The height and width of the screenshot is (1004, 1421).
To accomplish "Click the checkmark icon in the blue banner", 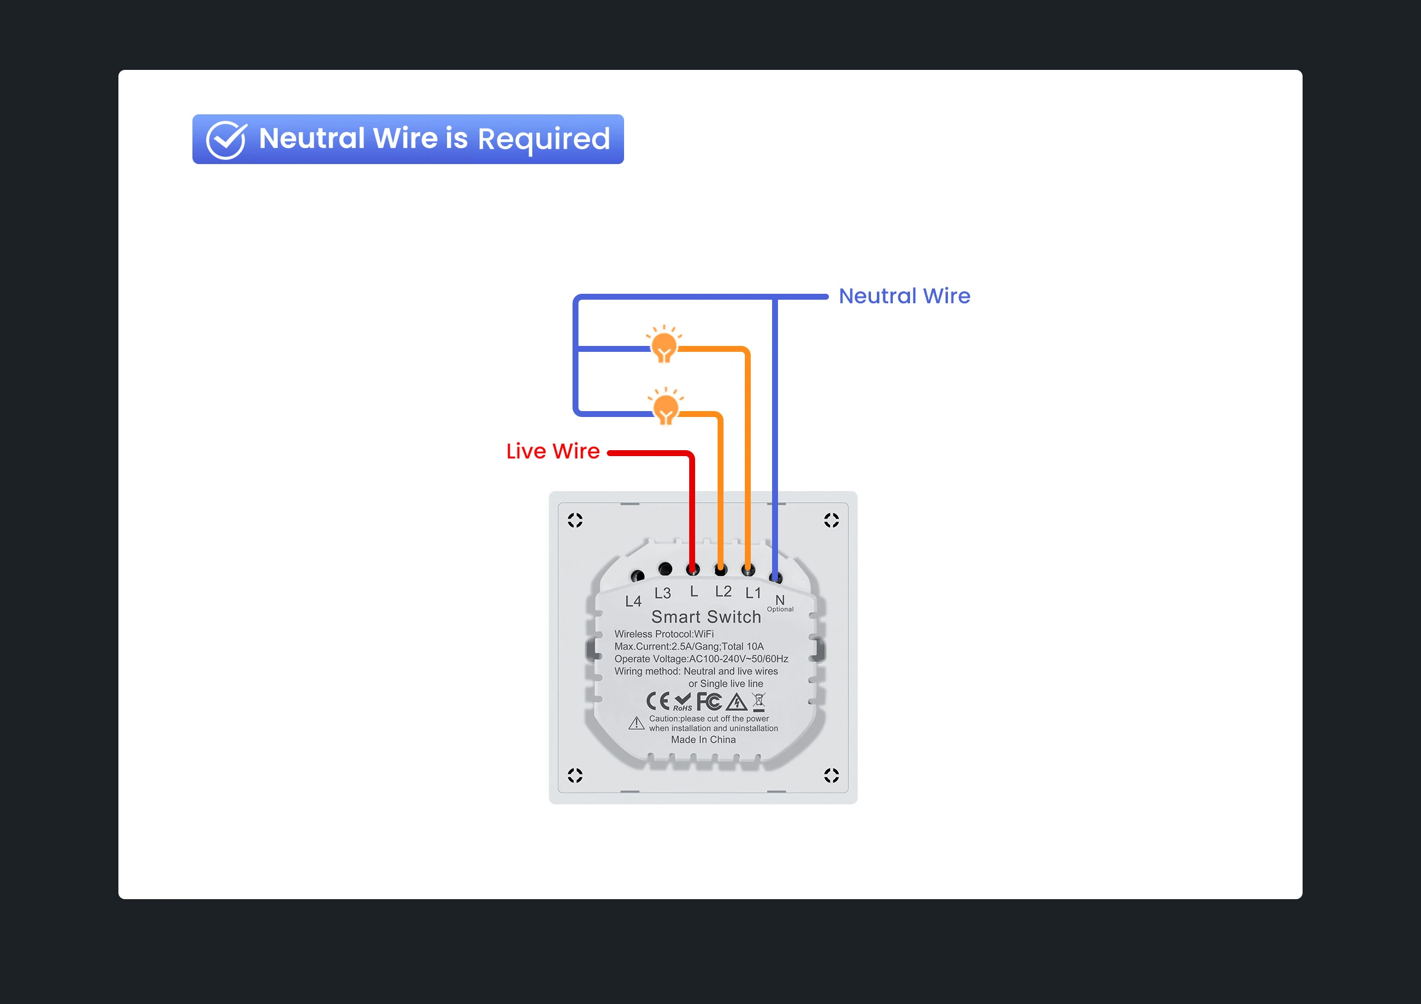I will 226,140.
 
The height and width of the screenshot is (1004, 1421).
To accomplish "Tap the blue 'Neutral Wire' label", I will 904,296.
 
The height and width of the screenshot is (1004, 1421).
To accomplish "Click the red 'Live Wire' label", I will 552,451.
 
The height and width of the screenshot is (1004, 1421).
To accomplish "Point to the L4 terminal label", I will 633,601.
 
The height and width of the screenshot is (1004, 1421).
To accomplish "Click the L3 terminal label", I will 662,593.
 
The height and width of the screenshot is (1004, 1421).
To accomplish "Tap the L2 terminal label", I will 723,591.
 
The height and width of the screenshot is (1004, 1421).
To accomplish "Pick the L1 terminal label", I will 753,593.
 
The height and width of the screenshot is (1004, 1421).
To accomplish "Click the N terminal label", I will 780,600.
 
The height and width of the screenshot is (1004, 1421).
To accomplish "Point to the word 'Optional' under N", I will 780,610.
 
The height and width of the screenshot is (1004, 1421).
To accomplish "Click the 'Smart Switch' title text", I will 706,617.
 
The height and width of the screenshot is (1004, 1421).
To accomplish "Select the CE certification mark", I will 658,701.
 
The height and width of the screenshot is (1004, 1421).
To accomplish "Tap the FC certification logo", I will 709,701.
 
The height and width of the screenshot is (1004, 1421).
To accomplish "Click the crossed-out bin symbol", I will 759,701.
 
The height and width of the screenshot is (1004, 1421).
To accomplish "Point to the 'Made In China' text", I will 703,740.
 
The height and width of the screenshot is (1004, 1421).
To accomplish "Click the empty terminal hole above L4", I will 637,576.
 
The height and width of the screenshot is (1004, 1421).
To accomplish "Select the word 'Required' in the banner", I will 544,139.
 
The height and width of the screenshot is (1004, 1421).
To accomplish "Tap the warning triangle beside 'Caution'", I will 636,723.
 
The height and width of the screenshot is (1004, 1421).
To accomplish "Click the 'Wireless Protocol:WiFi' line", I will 664,634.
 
